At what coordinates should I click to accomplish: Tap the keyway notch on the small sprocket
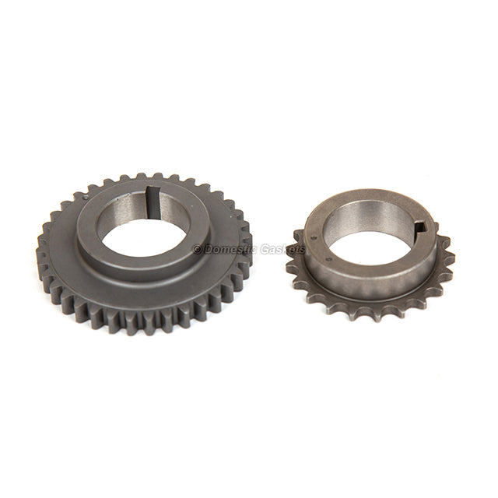[420, 227]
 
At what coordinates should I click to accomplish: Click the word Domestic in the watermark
[230, 249]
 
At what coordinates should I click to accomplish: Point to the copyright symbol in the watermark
[197, 249]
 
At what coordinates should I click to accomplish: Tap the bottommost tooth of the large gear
[144, 328]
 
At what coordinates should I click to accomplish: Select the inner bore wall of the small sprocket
[350, 222]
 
